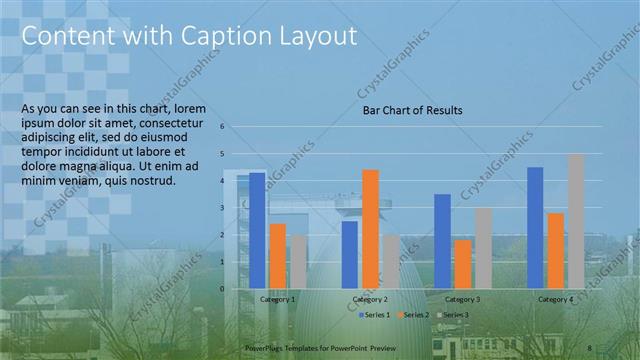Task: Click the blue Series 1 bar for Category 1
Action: click(x=257, y=230)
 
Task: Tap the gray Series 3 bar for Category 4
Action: click(x=576, y=221)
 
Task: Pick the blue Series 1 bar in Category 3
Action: click(x=443, y=241)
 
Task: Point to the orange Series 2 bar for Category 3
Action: click(x=463, y=263)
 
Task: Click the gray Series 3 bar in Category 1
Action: click(x=298, y=261)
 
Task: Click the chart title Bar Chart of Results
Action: click(x=412, y=111)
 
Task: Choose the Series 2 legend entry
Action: click(x=414, y=315)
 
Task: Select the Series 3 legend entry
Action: click(x=452, y=315)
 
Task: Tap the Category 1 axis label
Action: click(x=277, y=299)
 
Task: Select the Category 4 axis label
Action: click(x=556, y=299)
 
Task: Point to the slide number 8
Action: click(x=591, y=346)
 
